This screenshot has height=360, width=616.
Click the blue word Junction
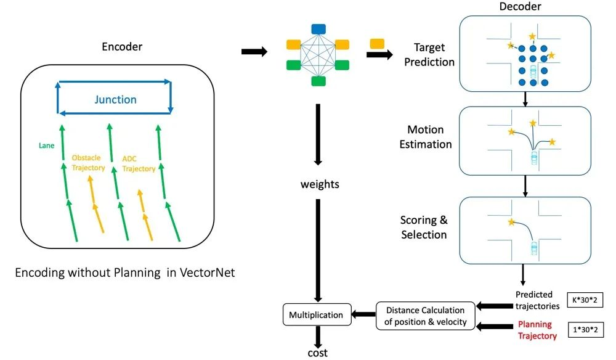click(115, 99)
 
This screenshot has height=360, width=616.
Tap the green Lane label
click(46, 146)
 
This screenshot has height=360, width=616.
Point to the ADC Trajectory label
click(139, 163)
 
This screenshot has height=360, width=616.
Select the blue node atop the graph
click(318, 28)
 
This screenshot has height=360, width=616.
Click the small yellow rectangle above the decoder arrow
click(377, 43)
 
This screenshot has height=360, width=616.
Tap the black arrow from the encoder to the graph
click(253, 52)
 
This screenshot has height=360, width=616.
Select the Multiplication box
click(316, 314)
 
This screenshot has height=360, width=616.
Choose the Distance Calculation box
click(426, 314)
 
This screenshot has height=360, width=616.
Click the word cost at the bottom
click(318, 353)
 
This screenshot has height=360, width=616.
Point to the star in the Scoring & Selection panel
click(511, 222)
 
